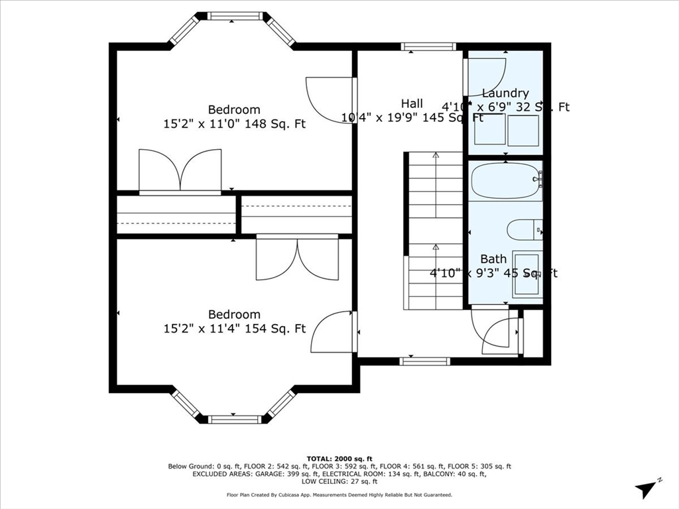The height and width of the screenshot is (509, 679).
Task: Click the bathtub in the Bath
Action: pyautogui.click(x=505, y=181)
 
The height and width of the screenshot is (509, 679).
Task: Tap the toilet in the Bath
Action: pyautogui.click(x=525, y=231)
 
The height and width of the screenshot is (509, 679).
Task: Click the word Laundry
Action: pyautogui.click(x=505, y=93)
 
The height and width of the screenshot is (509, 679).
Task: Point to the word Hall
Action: pyautogui.click(x=412, y=103)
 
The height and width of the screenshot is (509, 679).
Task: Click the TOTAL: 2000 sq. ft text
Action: pyautogui.click(x=339, y=459)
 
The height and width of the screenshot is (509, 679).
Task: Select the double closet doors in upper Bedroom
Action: pyautogui.click(x=180, y=170)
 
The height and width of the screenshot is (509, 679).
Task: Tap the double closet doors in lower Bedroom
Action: pyautogui.click(x=297, y=258)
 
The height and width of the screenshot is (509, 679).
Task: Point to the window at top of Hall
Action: pyautogui.click(x=428, y=46)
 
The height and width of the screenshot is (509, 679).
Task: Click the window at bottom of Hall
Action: pyautogui.click(x=424, y=361)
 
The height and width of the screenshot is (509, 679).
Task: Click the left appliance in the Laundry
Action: pyautogui.click(x=490, y=130)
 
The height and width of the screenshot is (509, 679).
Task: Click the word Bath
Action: pyautogui.click(x=493, y=259)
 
